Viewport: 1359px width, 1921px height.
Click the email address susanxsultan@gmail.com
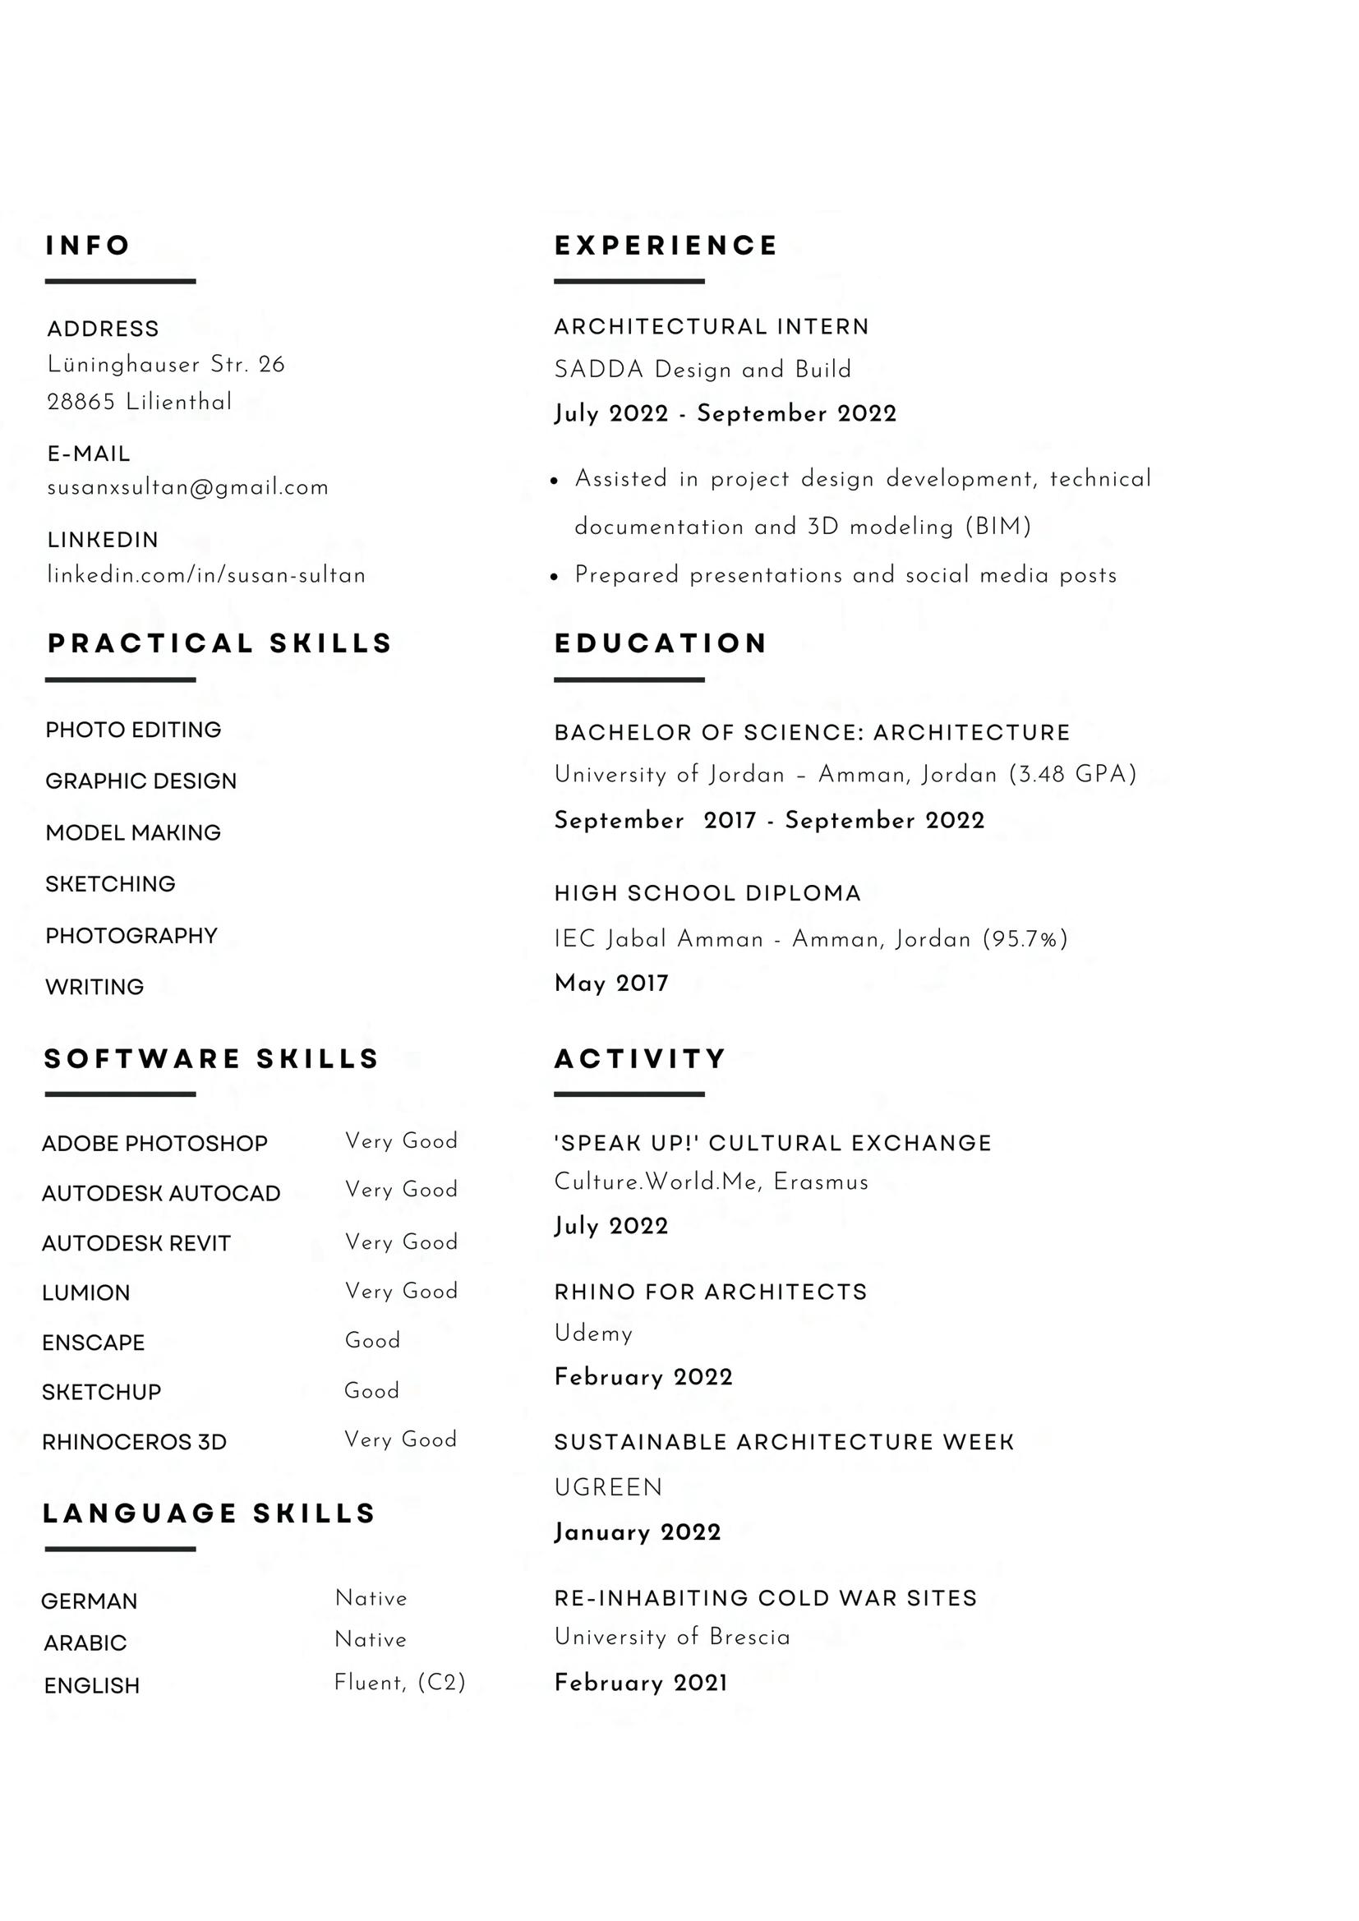tap(187, 488)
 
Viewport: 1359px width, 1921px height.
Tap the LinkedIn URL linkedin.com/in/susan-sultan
tap(206, 576)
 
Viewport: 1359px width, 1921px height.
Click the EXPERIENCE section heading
tap(666, 246)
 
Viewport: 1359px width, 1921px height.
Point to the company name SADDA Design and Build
tap(702, 370)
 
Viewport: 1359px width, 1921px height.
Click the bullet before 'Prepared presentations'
tap(554, 577)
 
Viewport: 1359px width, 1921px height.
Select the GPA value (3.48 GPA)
tap(1073, 775)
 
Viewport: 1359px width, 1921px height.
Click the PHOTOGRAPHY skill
tap(131, 935)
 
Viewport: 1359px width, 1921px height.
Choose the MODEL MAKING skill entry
tap(133, 832)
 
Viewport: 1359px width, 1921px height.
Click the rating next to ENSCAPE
tap(372, 1340)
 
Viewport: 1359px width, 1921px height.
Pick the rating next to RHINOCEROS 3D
tap(401, 1439)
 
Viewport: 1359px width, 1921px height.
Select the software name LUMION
tap(86, 1292)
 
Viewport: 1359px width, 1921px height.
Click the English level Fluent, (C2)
tap(399, 1683)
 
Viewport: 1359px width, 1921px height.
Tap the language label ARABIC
tap(85, 1643)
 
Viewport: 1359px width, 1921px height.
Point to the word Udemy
tap(593, 1334)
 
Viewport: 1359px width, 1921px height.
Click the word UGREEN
tap(608, 1488)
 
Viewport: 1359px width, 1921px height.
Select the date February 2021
tap(641, 1683)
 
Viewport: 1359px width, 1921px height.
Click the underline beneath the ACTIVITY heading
tap(629, 1094)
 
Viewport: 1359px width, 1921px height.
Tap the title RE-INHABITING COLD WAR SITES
tap(765, 1598)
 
